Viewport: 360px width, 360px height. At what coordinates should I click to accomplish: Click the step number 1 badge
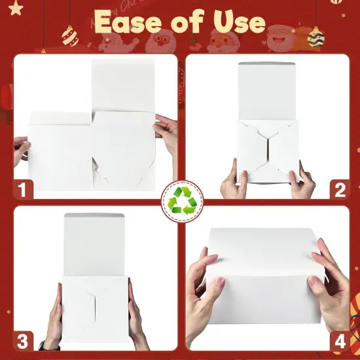[22, 190]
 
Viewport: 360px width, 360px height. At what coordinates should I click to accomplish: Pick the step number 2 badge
[338, 190]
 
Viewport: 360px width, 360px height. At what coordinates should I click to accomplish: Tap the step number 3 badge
[22, 340]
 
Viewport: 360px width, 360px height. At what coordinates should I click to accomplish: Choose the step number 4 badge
[338, 340]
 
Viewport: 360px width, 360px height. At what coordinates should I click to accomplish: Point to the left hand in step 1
[21, 151]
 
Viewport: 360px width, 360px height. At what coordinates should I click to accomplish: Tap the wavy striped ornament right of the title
[315, 37]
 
